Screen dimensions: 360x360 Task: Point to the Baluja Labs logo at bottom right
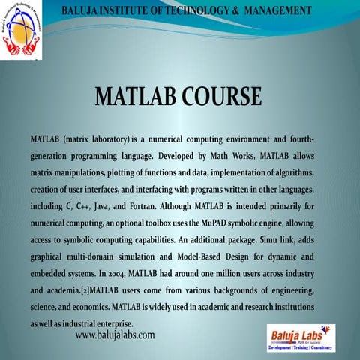tap(301, 337)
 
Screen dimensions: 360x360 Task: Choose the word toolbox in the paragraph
tap(150, 224)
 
